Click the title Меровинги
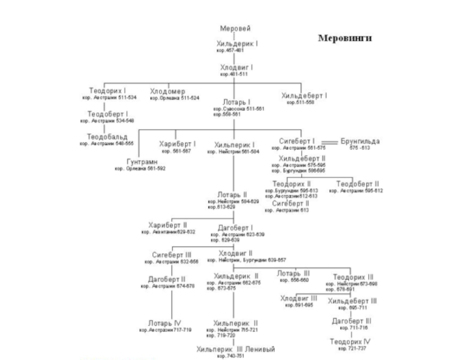345,38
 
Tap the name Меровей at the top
235,29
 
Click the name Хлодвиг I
236,67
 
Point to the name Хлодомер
168,91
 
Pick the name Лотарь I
236,102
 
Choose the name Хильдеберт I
304,96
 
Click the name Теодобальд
108,137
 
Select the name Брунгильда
360,142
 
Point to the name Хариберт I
178,144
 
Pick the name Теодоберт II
358,184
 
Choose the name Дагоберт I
236,228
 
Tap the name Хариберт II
168,225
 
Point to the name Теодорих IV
351,341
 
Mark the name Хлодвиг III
299,298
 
